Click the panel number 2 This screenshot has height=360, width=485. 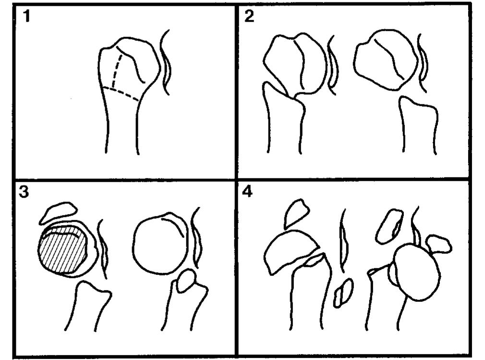point(250,17)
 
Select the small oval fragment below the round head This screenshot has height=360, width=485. point(185,281)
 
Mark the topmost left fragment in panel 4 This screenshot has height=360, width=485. point(296,213)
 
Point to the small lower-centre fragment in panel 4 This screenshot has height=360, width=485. point(343,293)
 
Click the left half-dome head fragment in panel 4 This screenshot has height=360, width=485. point(288,251)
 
